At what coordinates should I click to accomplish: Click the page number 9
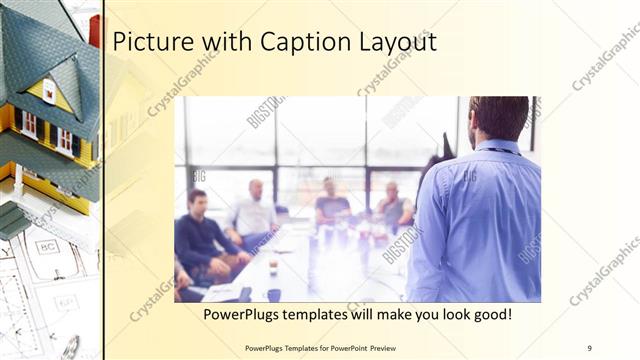(590, 347)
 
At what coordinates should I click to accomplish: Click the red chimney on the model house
(94, 31)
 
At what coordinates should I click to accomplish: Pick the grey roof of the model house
(40, 50)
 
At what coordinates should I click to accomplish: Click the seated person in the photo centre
(330, 205)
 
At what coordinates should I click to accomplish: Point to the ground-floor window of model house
(29, 125)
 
